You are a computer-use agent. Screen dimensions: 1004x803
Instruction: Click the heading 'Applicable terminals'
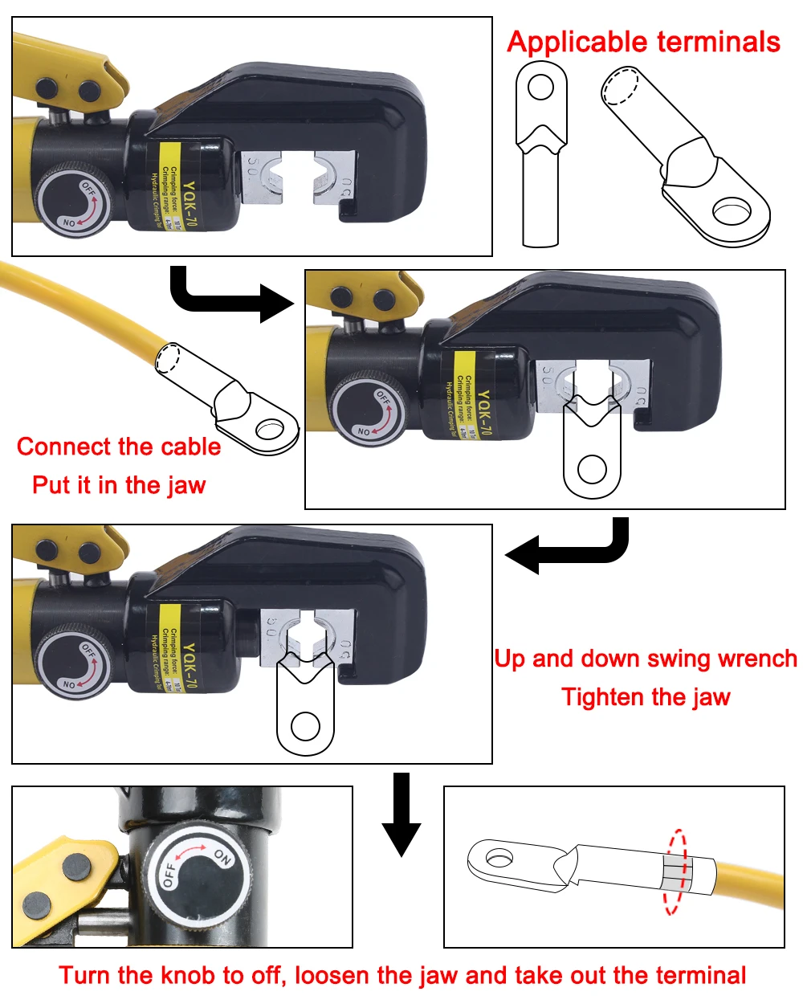(643, 42)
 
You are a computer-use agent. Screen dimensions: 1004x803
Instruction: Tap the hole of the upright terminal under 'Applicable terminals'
(541, 87)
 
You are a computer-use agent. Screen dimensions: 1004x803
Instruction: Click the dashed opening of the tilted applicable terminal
(621, 86)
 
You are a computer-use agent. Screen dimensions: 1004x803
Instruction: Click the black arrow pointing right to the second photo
(233, 298)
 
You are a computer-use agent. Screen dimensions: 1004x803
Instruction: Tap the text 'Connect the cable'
(119, 447)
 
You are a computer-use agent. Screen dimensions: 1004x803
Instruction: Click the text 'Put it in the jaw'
(119, 485)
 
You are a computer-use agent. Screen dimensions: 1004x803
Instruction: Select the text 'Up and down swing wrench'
(646, 659)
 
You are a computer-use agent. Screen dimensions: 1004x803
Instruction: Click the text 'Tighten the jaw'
(646, 697)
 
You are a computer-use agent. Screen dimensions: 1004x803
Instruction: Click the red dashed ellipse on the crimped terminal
(676, 871)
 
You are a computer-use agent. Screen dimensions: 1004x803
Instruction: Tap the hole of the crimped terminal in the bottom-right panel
(499, 858)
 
